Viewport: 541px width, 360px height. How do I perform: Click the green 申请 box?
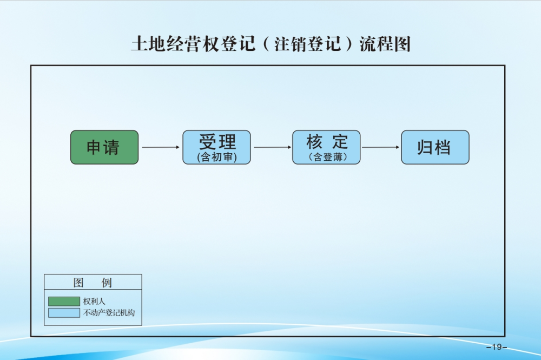point(104,147)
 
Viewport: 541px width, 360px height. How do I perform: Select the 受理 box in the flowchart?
point(217,147)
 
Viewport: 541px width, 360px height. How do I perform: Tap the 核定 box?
point(326,147)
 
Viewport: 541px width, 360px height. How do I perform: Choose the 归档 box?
point(435,147)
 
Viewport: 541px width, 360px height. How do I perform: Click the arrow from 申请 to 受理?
point(161,147)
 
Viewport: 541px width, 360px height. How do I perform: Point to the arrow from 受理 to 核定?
point(273,147)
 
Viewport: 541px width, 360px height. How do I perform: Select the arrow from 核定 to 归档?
point(380,147)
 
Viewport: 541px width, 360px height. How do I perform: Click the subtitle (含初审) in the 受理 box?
point(217,157)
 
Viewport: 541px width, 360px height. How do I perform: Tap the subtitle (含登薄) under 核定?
point(327,157)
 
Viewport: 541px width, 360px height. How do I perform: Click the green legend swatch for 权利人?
point(64,302)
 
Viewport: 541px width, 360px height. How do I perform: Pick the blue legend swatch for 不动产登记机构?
point(64,313)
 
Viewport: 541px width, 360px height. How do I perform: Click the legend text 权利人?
point(94,302)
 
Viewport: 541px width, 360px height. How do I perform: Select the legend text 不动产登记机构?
point(109,313)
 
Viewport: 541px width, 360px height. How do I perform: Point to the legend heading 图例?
point(93,283)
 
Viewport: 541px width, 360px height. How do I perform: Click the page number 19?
point(497,347)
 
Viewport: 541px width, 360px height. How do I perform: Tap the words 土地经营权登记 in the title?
point(194,44)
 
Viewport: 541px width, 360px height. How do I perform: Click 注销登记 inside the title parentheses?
point(308,44)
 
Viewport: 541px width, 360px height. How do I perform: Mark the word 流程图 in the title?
point(385,44)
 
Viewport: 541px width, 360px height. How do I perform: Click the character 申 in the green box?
point(94,147)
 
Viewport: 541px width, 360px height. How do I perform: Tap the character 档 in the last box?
point(443,147)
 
